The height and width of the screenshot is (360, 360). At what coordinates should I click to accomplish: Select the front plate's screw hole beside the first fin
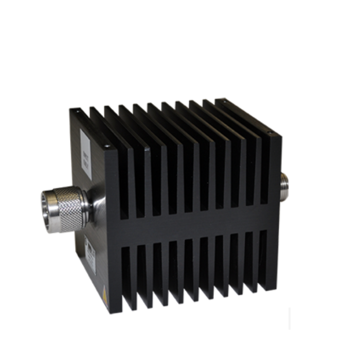pos(107,147)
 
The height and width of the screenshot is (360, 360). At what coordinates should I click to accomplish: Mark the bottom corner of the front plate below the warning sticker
pos(110,311)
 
